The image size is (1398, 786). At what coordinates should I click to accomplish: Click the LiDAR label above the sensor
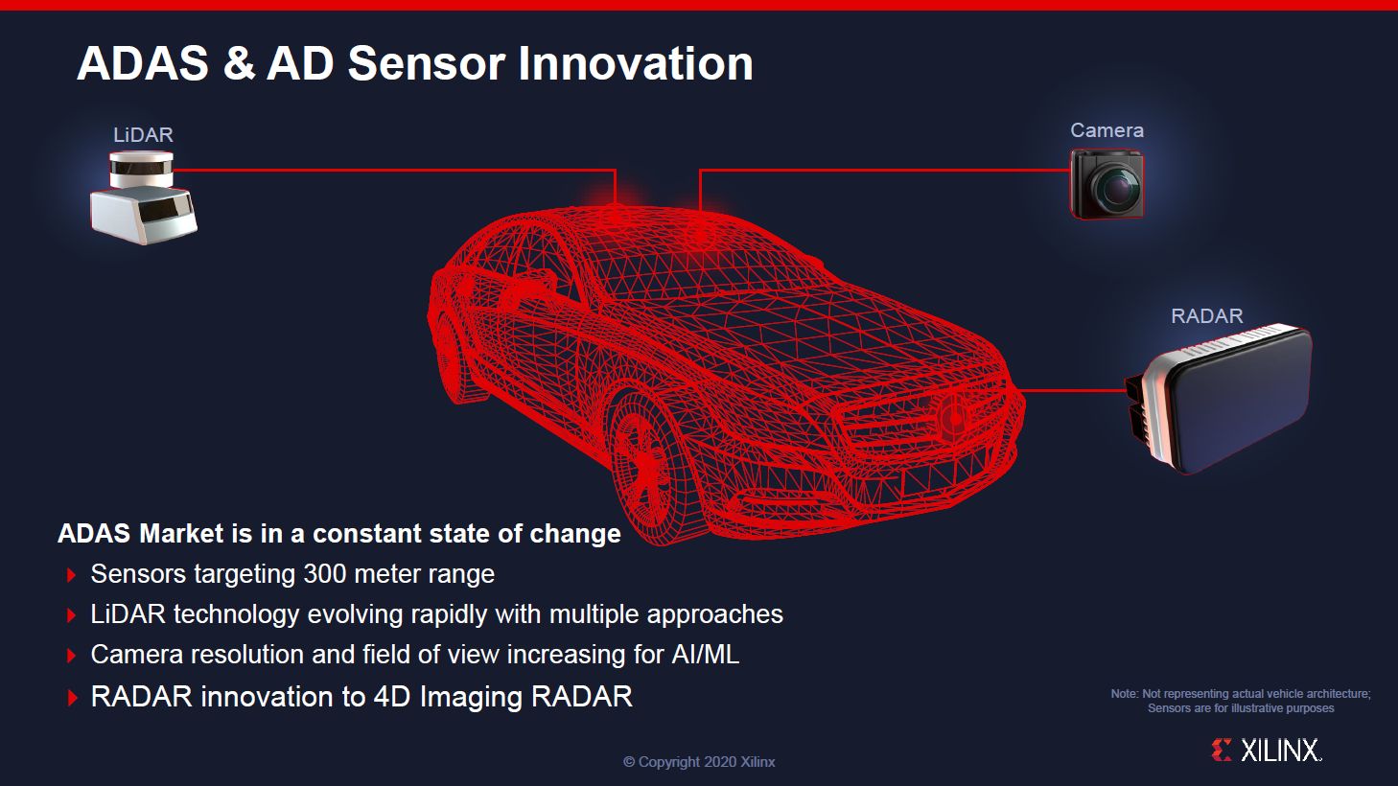click(x=143, y=135)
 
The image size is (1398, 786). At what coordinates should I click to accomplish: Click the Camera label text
click(x=1107, y=130)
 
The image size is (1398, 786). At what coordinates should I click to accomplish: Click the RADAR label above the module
click(x=1206, y=316)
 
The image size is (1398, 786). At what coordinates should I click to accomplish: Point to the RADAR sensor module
click(x=1223, y=399)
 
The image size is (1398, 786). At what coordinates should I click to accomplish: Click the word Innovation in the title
click(x=635, y=64)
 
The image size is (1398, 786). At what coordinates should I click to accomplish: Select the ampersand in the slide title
click(x=238, y=64)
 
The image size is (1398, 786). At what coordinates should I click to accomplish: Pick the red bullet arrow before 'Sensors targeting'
click(x=72, y=575)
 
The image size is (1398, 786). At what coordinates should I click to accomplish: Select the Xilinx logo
click(x=1267, y=750)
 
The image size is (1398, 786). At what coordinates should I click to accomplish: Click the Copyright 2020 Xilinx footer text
click(x=699, y=762)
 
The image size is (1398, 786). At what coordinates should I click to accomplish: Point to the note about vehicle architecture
click(x=1241, y=701)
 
